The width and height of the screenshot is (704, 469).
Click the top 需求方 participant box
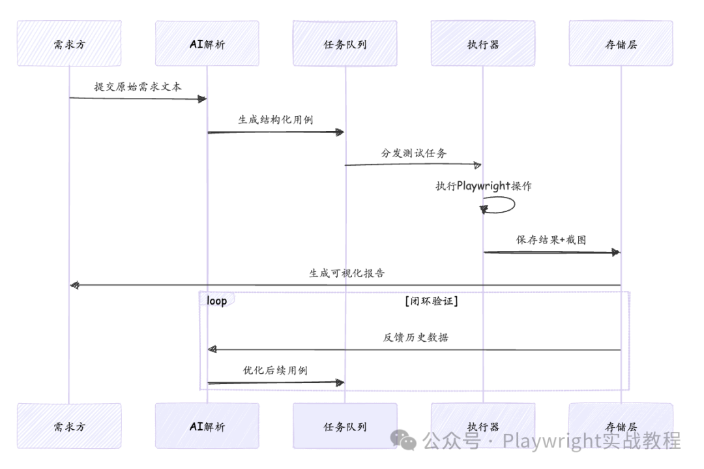tap(69, 44)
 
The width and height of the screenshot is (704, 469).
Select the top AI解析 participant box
tap(207, 44)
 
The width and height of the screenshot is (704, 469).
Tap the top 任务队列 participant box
tap(345, 44)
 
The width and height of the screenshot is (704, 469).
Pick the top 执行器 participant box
tap(483, 44)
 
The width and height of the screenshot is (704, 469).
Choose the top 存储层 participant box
tap(621, 44)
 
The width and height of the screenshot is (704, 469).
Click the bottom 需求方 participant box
tap(69, 427)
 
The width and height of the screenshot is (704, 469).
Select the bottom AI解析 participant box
tap(207, 427)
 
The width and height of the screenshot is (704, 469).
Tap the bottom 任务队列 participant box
tap(345, 427)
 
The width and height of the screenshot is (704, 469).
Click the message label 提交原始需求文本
tap(138, 87)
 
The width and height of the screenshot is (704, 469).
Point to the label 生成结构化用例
tap(276, 120)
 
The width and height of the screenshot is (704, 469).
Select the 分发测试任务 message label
tap(414, 153)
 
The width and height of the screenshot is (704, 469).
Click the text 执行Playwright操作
tap(483, 186)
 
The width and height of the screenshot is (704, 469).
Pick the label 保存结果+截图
tap(551, 240)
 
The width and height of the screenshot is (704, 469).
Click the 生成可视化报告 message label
tap(346, 273)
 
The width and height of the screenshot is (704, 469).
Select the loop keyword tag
tap(216, 301)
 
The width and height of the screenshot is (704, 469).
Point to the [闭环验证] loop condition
tap(430, 301)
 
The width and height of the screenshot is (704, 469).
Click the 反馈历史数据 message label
tap(415, 338)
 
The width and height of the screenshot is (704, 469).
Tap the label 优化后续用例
tap(275, 371)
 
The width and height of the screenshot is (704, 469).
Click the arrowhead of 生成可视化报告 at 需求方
tap(74, 285)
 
